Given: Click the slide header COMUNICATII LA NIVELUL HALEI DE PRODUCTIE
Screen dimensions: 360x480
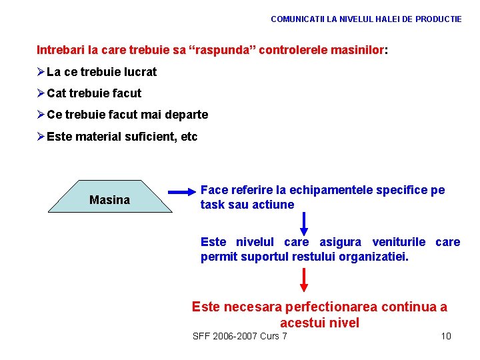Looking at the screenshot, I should coord(366,19).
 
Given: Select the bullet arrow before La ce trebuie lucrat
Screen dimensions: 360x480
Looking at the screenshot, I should coord(40,72).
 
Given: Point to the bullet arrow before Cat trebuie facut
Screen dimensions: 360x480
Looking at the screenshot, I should coord(40,93).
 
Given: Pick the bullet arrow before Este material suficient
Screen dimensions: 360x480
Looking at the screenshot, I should coord(40,137).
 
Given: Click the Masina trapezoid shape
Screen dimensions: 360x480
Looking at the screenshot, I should coord(109,197).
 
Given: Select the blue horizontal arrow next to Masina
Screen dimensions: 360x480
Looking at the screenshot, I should coord(181,195).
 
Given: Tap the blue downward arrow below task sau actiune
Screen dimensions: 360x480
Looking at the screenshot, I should coord(304,223).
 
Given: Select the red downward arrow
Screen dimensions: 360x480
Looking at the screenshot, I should coord(304,279).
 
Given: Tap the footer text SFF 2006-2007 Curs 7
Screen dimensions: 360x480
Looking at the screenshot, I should coord(239,336).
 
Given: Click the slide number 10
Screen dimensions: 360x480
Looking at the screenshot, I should coord(446,336).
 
